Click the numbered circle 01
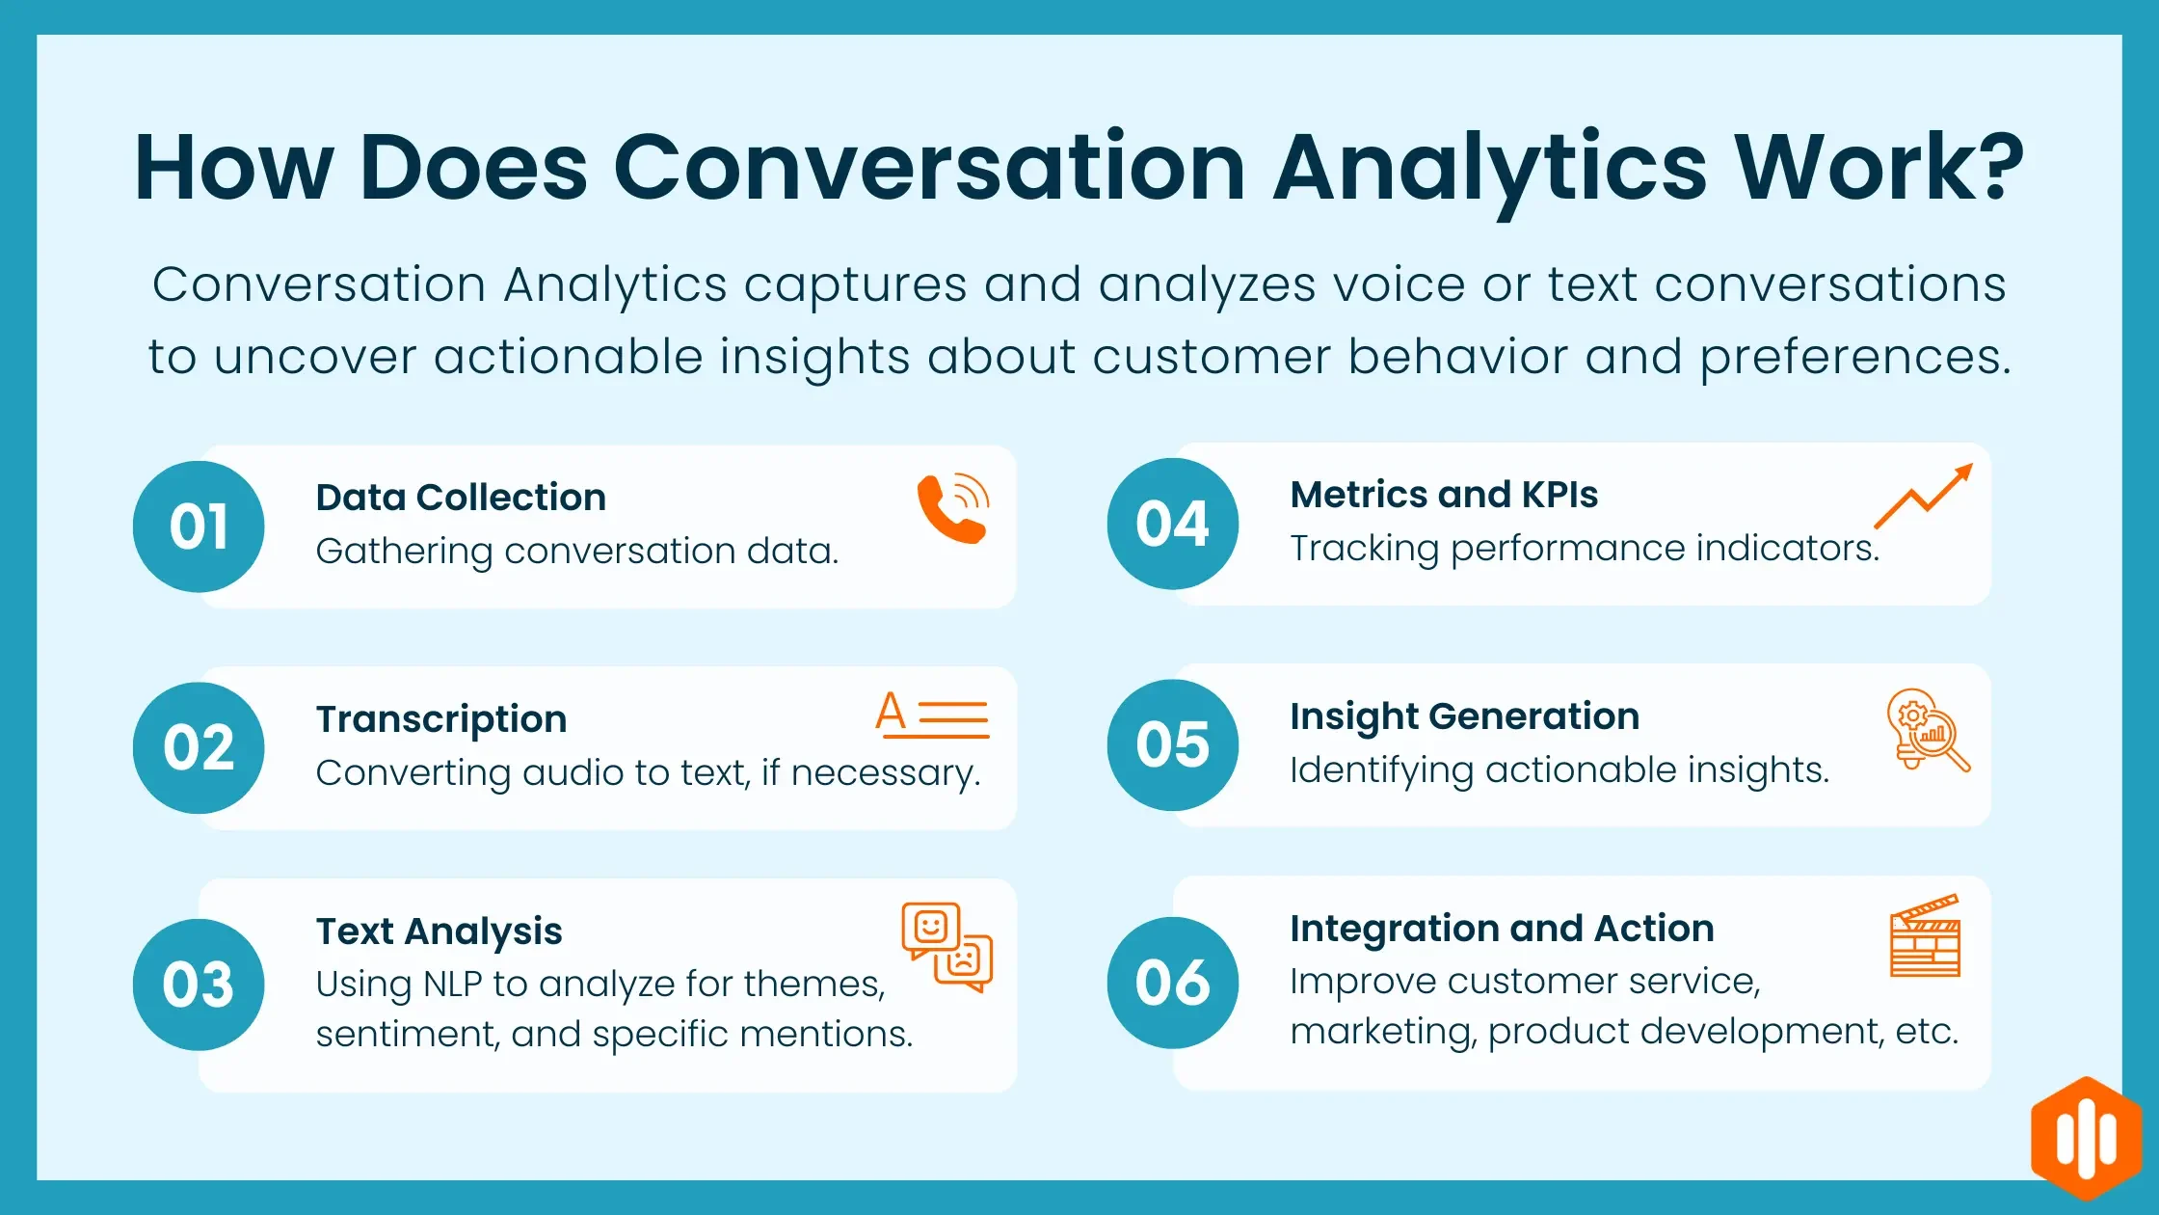tap(199, 526)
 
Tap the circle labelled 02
tap(199, 747)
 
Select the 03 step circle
tap(199, 985)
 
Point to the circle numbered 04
tap(1172, 524)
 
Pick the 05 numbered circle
tap(1172, 744)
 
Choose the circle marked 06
tap(1172, 983)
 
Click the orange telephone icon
tap(952, 508)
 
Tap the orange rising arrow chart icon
tap(1923, 496)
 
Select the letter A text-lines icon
tap(932, 715)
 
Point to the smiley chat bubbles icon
tap(946, 946)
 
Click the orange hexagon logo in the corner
tap(2086, 1140)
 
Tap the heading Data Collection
tap(461, 498)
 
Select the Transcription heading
tap(441, 719)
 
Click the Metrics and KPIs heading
tap(1444, 495)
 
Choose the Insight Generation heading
tap(1464, 716)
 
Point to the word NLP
tap(452, 985)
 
